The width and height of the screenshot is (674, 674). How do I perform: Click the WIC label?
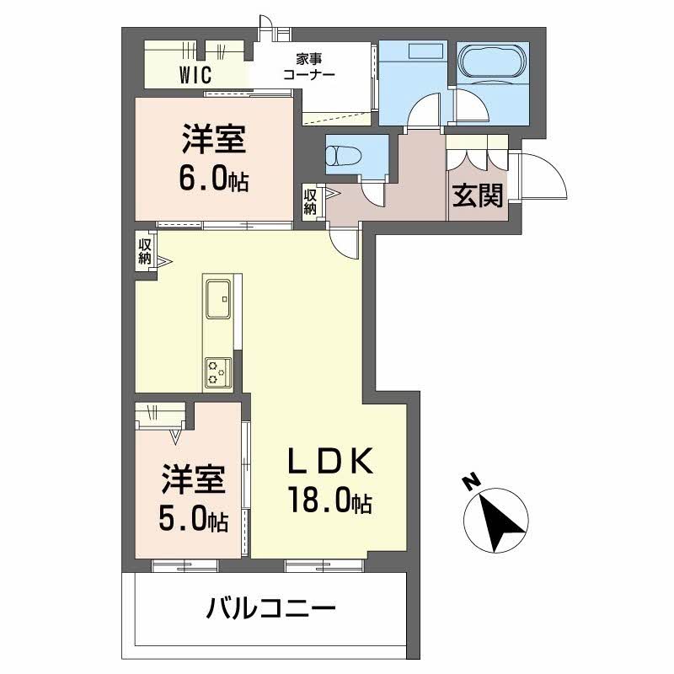click(194, 74)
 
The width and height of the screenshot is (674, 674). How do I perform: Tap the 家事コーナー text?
click(310, 67)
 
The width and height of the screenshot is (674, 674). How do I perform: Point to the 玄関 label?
click(479, 195)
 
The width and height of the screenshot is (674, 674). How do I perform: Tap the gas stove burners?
click(217, 371)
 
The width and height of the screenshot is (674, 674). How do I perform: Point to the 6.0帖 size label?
click(214, 179)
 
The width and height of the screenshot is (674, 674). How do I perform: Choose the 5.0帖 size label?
click(194, 519)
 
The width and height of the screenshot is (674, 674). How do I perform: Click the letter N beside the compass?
click(470, 483)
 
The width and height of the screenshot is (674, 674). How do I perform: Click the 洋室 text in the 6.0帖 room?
click(214, 140)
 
